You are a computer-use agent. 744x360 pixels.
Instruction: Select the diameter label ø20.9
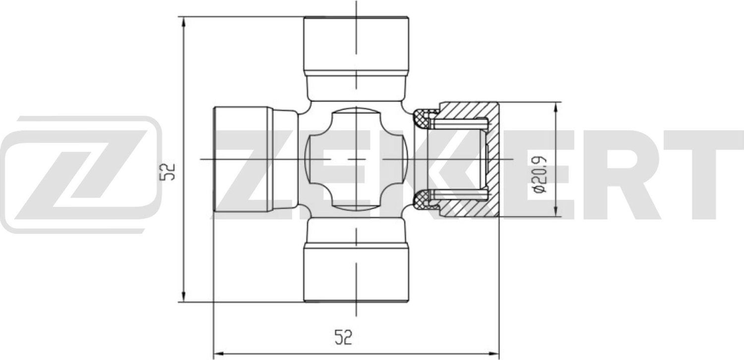(x=539, y=175)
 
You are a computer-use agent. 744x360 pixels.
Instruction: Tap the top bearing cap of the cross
(x=356, y=45)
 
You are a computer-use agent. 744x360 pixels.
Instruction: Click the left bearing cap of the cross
(x=241, y=159)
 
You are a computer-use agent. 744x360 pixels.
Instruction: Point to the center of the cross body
(x=356, y=159)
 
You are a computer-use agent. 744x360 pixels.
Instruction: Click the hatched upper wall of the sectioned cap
(x=466, y=110)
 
